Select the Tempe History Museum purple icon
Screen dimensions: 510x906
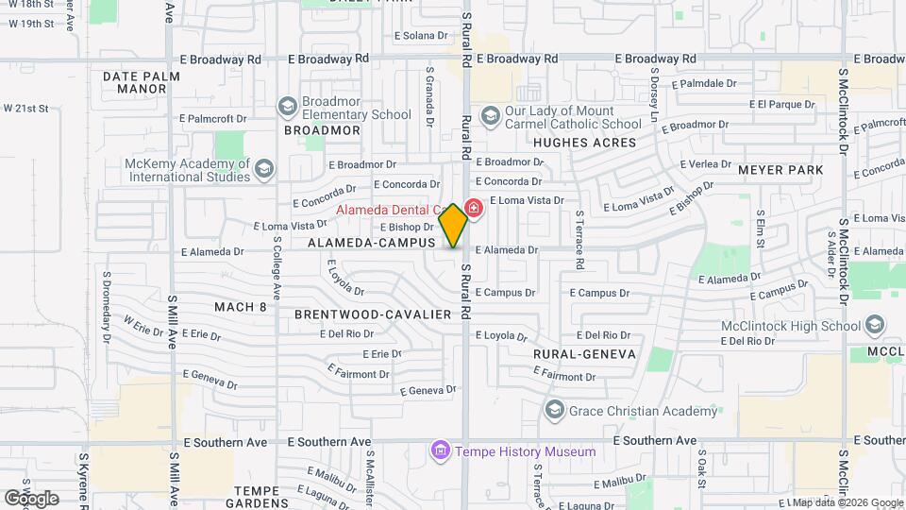click(439, 451)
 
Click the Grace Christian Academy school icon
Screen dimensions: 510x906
click(554, 410)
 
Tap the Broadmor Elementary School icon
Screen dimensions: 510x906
click(288, 106)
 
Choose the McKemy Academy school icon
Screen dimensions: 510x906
click(265, 168)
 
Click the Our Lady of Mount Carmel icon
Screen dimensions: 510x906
click(490, 115)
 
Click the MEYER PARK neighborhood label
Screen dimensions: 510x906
click(780, 170)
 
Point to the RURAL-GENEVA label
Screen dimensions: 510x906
click(585, 353)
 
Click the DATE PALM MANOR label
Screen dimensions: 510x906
click(134, 82)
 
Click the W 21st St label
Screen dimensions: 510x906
click(25, 109)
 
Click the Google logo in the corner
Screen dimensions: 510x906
click(30, 498)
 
